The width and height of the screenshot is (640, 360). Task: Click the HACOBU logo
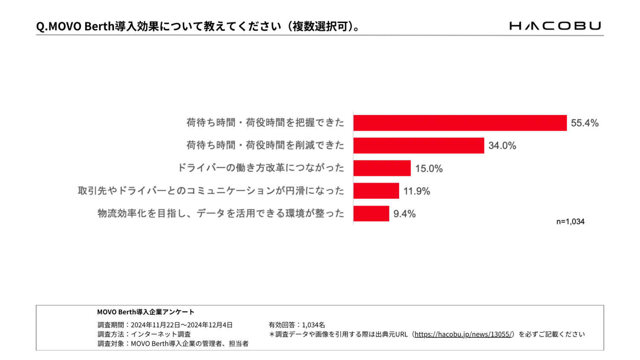[556, 26]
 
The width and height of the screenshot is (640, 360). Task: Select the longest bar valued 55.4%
[460, 123]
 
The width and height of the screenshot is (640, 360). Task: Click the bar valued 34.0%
[419, 145]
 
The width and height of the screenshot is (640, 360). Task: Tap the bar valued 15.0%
[382, 168]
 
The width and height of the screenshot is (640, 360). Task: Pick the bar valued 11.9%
[376, 191]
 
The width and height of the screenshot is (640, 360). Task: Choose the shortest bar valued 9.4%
[371, 214]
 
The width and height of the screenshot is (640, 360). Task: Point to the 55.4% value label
[585, 123]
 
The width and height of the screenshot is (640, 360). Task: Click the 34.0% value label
[502, 145]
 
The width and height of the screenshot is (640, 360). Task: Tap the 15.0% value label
[429, 168]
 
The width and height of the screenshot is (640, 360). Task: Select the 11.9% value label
[417, 191]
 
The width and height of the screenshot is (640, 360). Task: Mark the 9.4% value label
[404, 214]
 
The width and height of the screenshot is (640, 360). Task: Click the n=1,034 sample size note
[570, 221]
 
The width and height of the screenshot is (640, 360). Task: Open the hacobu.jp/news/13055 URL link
[463, 334]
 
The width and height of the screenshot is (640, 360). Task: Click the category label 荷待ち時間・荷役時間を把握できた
[265, 123]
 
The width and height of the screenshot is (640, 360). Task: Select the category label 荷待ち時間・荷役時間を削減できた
[265, 145]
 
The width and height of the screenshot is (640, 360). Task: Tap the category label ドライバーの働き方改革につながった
[261, 168]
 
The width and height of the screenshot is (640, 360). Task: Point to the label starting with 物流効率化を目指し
[221, 213]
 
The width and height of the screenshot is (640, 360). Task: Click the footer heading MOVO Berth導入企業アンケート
[145, 312]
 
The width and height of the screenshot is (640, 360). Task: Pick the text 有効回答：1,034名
[297, 325]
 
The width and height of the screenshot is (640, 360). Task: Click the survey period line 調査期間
[165, 325]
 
